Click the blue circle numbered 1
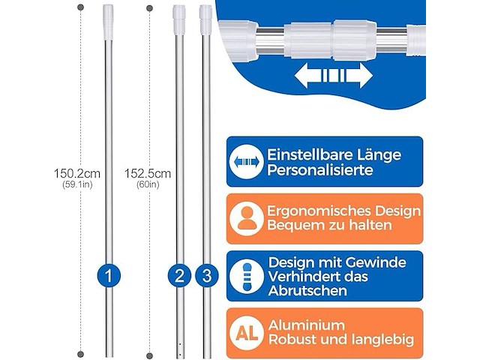(x=109, y=276)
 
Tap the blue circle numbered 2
(x=178, y=276)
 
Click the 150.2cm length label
(x=82, y=172)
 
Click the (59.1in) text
(x=82, y=185)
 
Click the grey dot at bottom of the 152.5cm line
(x=150, y=353)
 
